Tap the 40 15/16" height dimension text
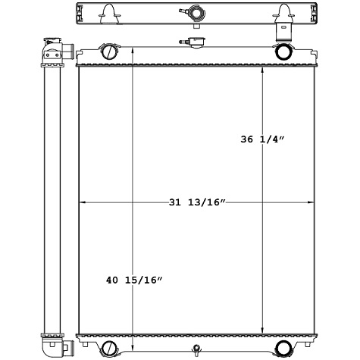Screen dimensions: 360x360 134,281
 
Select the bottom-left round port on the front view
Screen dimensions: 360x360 109,348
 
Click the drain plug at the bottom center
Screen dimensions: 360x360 196,349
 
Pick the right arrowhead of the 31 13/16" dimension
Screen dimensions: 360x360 311,202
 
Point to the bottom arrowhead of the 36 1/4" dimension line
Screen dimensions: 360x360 262,330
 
